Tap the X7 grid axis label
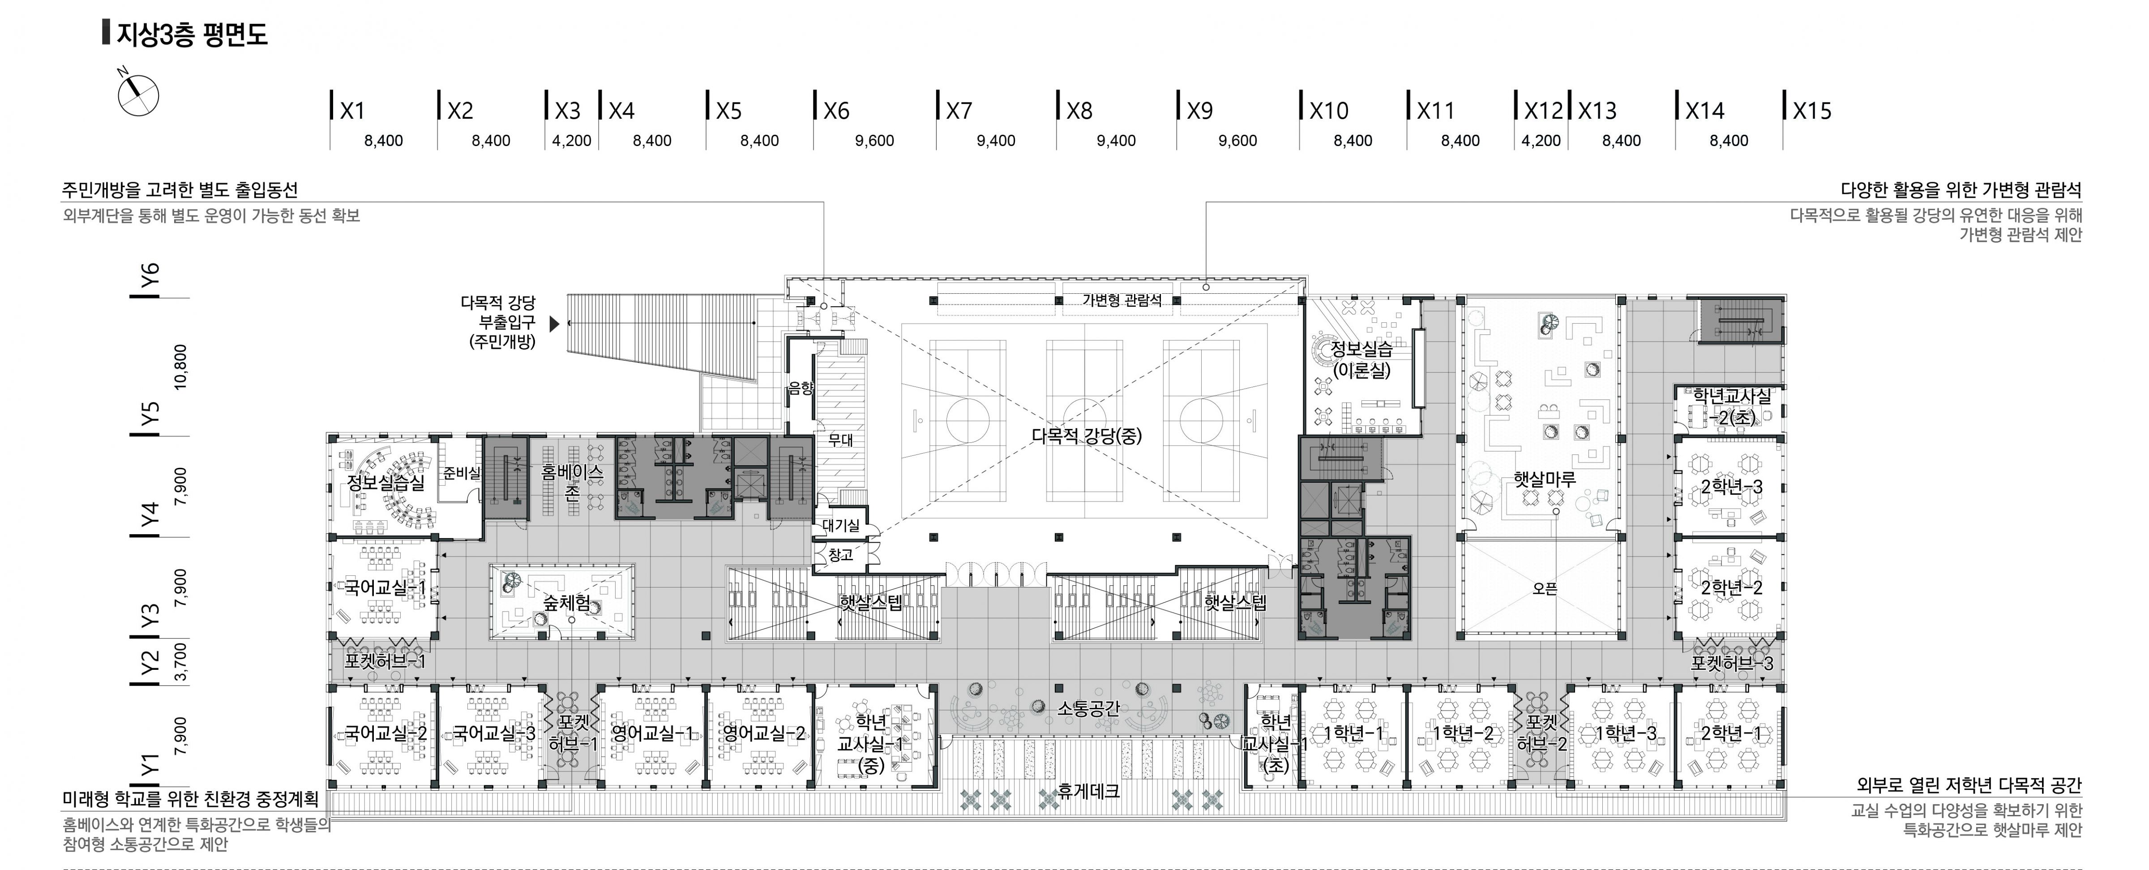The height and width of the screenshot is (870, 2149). (959, 111)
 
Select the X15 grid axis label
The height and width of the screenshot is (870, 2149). (1812, 111)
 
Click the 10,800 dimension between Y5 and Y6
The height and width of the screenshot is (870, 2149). (180, 367)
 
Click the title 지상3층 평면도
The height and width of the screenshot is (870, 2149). (192, 35)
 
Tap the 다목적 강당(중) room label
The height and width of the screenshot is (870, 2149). (1086, 435)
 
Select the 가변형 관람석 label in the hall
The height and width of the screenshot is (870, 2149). (1122, 300)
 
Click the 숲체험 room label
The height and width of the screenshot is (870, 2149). (567, 602)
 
